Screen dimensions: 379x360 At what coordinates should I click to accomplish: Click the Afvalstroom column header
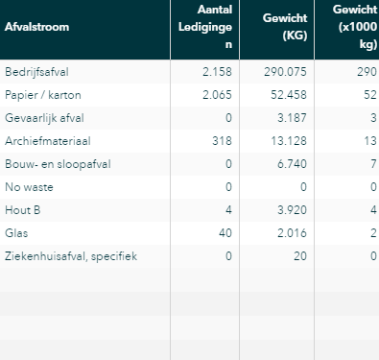point(36,27)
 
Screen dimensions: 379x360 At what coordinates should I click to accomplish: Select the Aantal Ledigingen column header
point(205,27)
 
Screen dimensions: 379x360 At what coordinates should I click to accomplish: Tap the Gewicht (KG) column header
point(285,27)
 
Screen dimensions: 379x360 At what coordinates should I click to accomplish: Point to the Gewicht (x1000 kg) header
point(355,27)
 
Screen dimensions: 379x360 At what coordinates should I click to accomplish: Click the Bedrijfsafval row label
point(36,72)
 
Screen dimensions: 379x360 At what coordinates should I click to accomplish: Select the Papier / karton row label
point(43,95)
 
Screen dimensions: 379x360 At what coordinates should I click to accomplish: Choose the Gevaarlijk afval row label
point(44,118)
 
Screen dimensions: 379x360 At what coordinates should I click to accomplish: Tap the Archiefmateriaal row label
point(48,141)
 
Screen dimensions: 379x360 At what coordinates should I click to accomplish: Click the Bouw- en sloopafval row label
point(58,164)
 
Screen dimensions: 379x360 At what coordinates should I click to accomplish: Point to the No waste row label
point(29,187)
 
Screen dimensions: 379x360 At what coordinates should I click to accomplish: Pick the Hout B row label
point(23,210)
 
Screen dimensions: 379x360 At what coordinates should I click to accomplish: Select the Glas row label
point(16,233)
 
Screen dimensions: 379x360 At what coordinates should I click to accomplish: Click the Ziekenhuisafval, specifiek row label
point(71,256)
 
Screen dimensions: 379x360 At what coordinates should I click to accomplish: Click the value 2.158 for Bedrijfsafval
point(217,72)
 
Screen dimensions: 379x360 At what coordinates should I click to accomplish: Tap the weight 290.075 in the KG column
point(285,72)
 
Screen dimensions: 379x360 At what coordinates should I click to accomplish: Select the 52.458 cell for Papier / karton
point(289,95)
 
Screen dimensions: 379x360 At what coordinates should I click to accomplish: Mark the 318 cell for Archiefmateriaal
point(222,141)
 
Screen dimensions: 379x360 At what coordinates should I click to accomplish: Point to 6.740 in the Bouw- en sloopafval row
point(292,164)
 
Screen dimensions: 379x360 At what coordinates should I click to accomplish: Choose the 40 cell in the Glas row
point(225,233)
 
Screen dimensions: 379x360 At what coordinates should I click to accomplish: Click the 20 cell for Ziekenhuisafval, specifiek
point(300,256)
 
